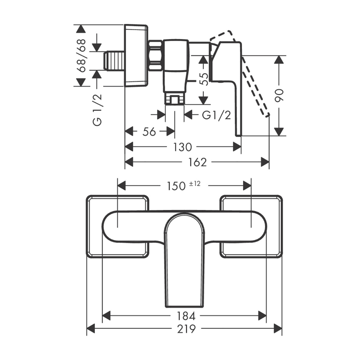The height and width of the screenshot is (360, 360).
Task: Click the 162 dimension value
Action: [197, 162]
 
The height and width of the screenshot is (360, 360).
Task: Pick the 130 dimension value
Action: [182, 147]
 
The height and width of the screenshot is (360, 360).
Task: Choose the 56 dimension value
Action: [149, 131]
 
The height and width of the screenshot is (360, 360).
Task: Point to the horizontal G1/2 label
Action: [216, 115]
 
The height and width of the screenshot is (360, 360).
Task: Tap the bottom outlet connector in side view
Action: [175, 98]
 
